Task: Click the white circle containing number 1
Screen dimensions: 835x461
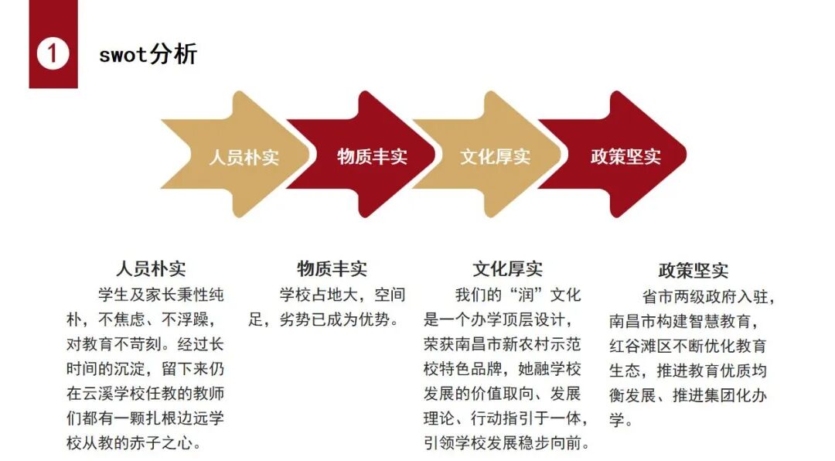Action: tap(53, 54)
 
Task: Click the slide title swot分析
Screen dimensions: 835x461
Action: tap(148, 54)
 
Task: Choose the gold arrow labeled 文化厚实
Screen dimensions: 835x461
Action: tap(495, 156)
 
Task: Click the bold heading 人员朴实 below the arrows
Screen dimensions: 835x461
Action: tap(151, 269)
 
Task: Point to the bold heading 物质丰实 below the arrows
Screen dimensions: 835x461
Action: tap(332, 269)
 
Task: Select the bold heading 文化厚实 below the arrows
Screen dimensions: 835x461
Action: tap(508, 269)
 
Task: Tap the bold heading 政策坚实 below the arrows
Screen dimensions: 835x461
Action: tap(694, 271)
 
